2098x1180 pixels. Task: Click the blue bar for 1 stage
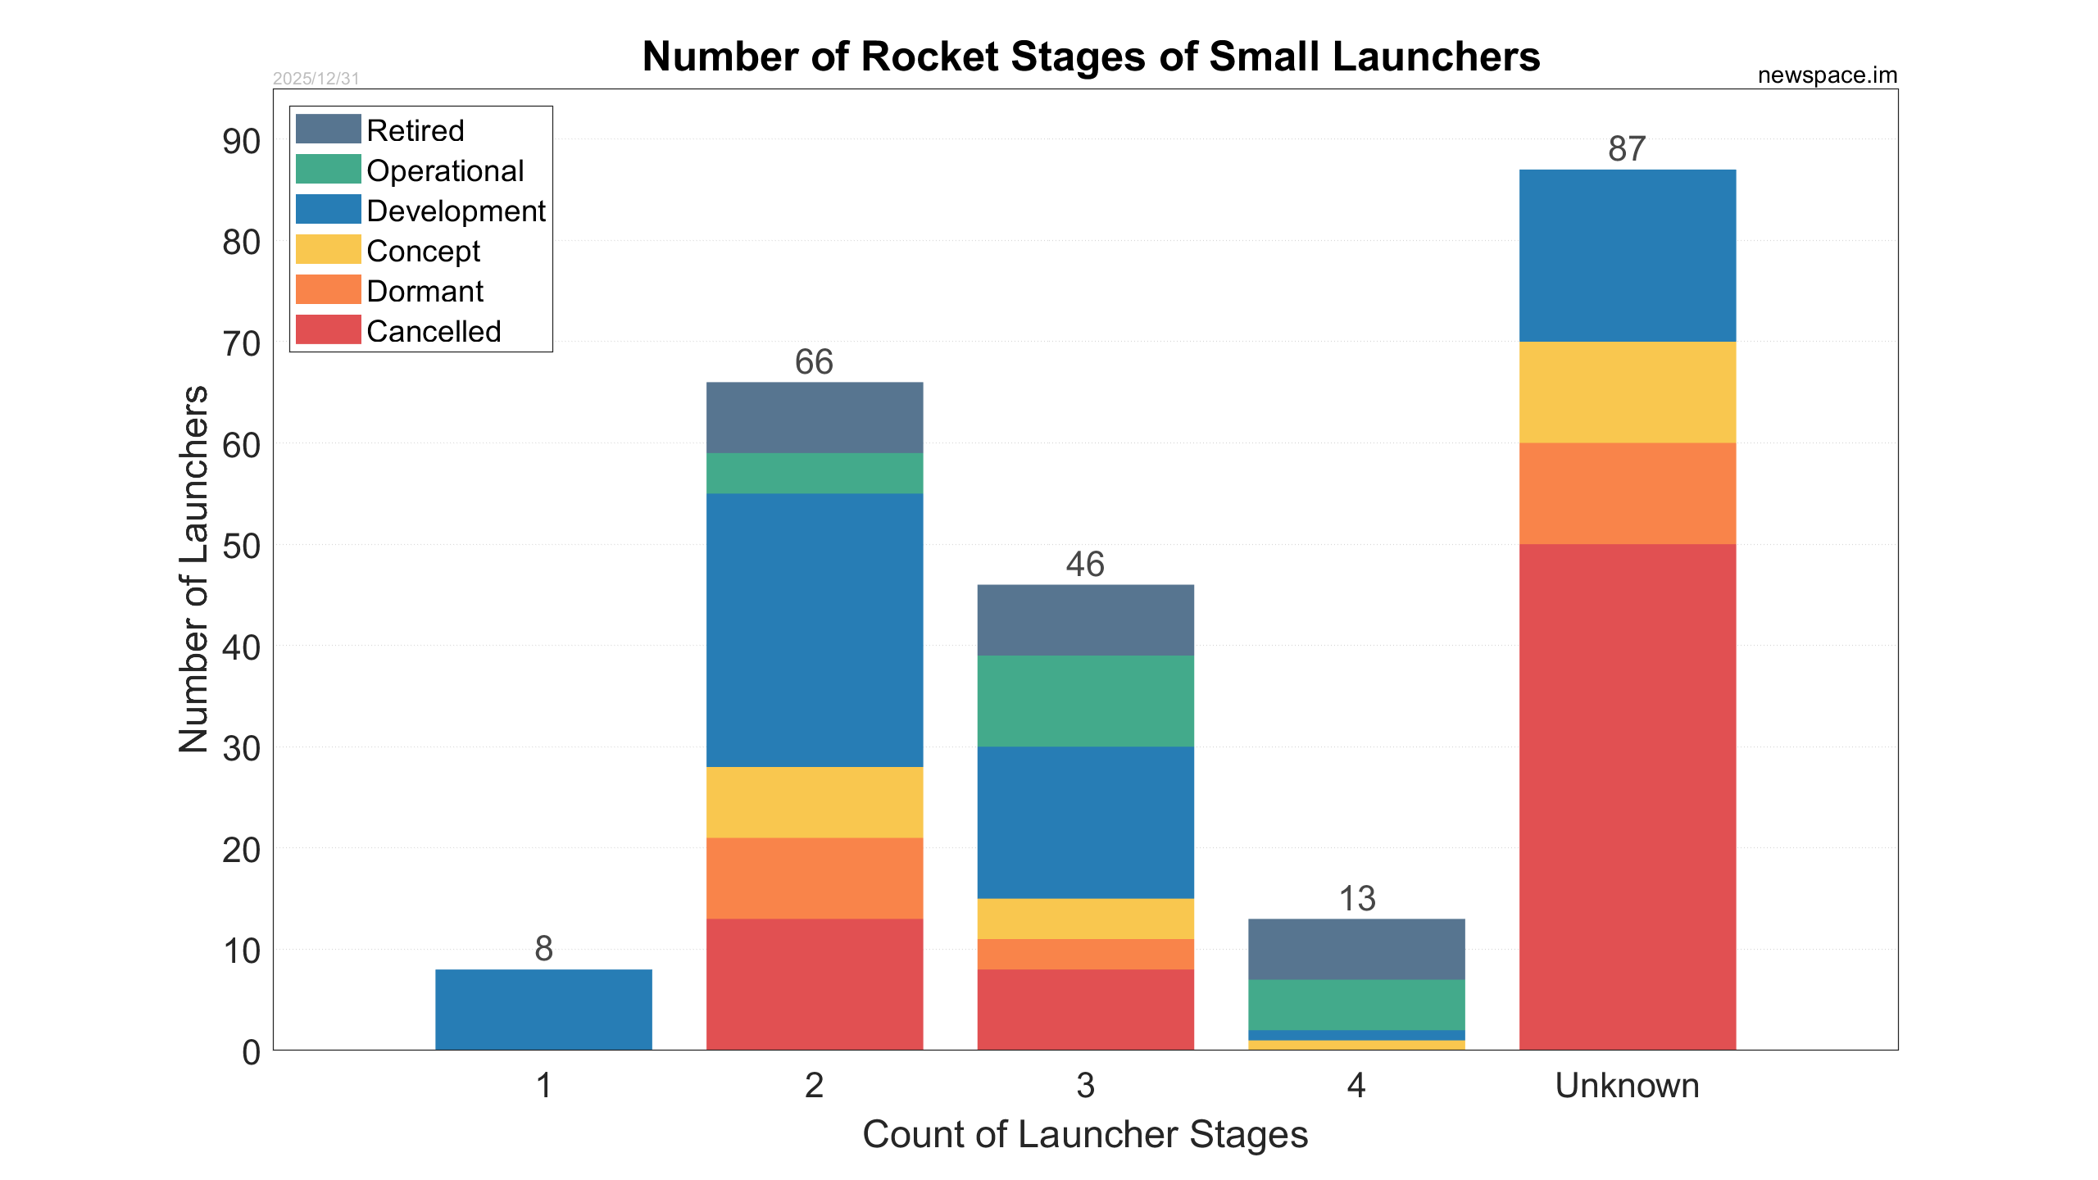point(543,1009)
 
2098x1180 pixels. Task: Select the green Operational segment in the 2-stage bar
point(814,473)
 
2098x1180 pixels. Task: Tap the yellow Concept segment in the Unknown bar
point(1627,392)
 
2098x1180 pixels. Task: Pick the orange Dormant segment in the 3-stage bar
point(1085,954)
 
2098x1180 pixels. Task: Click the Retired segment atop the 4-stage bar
point(1356,949)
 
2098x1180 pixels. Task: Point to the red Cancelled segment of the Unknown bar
point(1627,796)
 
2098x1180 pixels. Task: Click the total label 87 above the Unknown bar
point(1627,149)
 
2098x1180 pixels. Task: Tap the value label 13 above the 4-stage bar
point(1356,899)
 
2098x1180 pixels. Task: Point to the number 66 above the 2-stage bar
point(814,362)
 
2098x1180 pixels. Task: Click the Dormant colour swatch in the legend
point(328,290)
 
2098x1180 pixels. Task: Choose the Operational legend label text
point(445,170)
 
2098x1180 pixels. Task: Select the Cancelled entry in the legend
point(434,331)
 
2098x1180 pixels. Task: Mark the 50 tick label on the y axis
point(241,546)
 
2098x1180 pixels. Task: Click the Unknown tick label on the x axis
point(1627,1086)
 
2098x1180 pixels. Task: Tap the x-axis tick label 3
point(1085,1086)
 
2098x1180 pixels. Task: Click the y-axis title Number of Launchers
point(194,569)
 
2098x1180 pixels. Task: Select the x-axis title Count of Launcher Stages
point(1085,1135)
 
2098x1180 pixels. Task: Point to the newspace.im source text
point(1827,75)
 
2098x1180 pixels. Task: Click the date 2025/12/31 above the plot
point(316,79)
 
